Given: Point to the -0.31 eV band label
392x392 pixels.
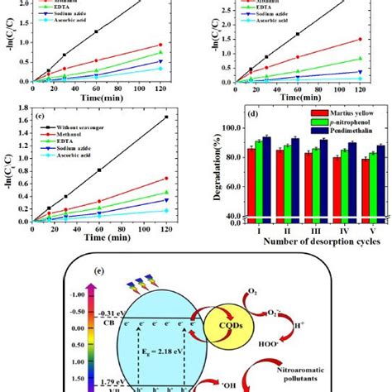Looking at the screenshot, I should (111, 313).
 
